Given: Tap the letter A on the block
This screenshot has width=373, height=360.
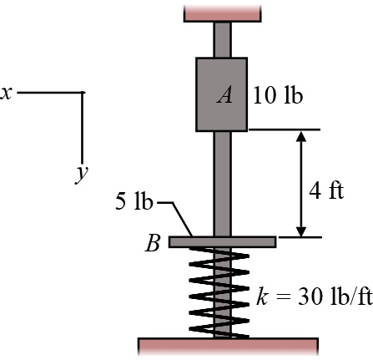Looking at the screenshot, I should pos(224,95).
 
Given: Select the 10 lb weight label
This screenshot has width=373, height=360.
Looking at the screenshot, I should pos(277,94).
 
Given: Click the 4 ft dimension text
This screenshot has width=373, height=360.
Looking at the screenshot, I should pos(326,190).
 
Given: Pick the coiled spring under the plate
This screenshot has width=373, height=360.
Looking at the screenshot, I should pos(222,292).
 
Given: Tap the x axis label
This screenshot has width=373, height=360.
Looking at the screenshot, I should pos(6,93).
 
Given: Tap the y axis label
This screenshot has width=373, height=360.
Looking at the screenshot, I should pos(81,173).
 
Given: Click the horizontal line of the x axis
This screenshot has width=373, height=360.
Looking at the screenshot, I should pos(50,92).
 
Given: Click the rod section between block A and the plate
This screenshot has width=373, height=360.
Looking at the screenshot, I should pos(222,184).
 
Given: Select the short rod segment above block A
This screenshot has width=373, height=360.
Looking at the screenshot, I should pos(222,39).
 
